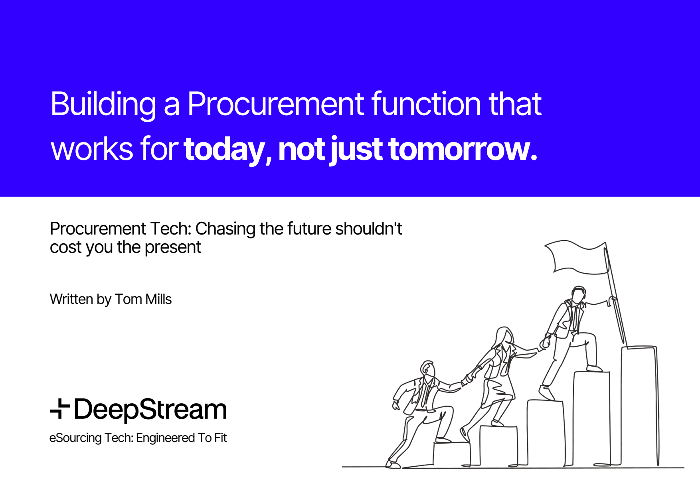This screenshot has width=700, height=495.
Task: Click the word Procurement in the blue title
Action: tap(275, 105)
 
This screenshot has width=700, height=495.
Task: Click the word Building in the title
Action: tap(103, 105)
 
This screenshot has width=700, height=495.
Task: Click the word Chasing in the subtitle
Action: tap(225, 229)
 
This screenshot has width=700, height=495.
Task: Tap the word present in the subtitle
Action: tap(173, 247)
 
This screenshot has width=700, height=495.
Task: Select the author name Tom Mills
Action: tap(143, 299)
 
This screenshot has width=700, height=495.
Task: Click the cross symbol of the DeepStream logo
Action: tap(60, 408)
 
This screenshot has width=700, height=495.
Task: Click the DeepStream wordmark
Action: tap(150, 409)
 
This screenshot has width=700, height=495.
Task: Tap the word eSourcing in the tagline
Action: tap(75, 438)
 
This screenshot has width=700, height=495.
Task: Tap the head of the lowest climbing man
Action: tap(428, 369)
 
